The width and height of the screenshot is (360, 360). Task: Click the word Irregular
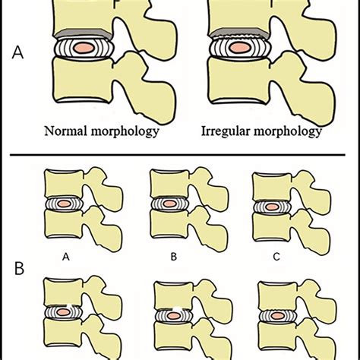click(224, 131)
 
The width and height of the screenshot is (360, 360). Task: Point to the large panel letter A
click(19, 55)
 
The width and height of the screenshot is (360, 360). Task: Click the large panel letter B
click(20, 267)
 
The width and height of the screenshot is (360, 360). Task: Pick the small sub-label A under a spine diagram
click(66, 257)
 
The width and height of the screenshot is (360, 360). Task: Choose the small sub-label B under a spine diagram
click(173, 257)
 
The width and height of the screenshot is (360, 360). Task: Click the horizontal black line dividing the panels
click(180, 157)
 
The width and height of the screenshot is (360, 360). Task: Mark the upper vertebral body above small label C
click(270, 184)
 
